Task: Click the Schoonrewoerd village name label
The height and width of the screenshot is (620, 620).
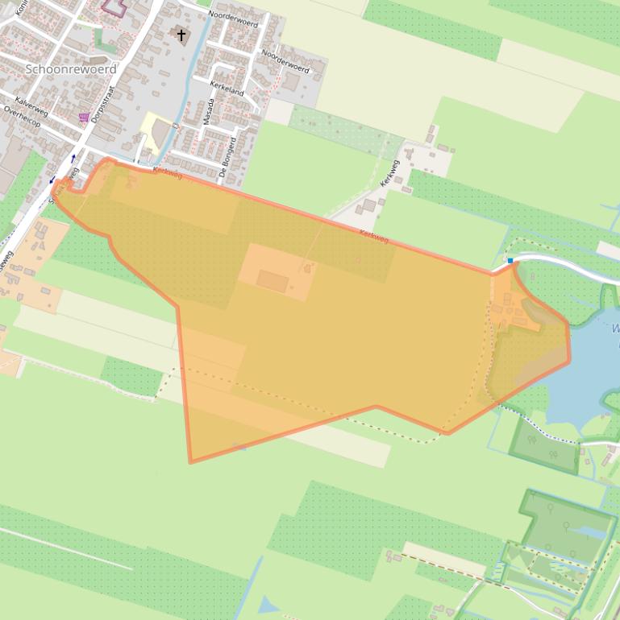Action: tap(70, 69)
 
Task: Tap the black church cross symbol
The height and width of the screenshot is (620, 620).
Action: tap(181, 35)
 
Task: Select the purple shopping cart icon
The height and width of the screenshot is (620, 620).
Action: tap(84, 118)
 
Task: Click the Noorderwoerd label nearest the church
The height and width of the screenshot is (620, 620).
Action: tap(232, 19)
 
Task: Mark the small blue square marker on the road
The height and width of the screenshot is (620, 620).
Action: tap(510, 260)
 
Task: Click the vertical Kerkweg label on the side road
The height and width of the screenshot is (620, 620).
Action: tap(390, 174)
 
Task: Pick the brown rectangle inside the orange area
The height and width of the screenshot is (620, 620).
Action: tap(273, 281)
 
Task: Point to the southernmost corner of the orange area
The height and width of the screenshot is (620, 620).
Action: tap(191, 461)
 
